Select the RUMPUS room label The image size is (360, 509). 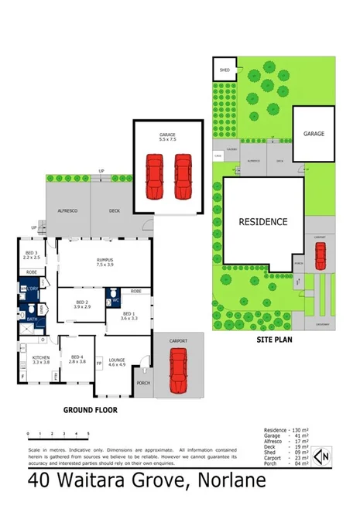point(105,260)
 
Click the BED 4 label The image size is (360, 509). point(77,357)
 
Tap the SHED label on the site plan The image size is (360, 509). point(225,70)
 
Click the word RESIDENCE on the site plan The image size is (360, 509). point(263,221)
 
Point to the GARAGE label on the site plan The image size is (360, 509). point(314,133)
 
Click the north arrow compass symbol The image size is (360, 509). point(324,457)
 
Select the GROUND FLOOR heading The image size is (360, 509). point(91,410)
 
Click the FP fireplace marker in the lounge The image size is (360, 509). point(98,361)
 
